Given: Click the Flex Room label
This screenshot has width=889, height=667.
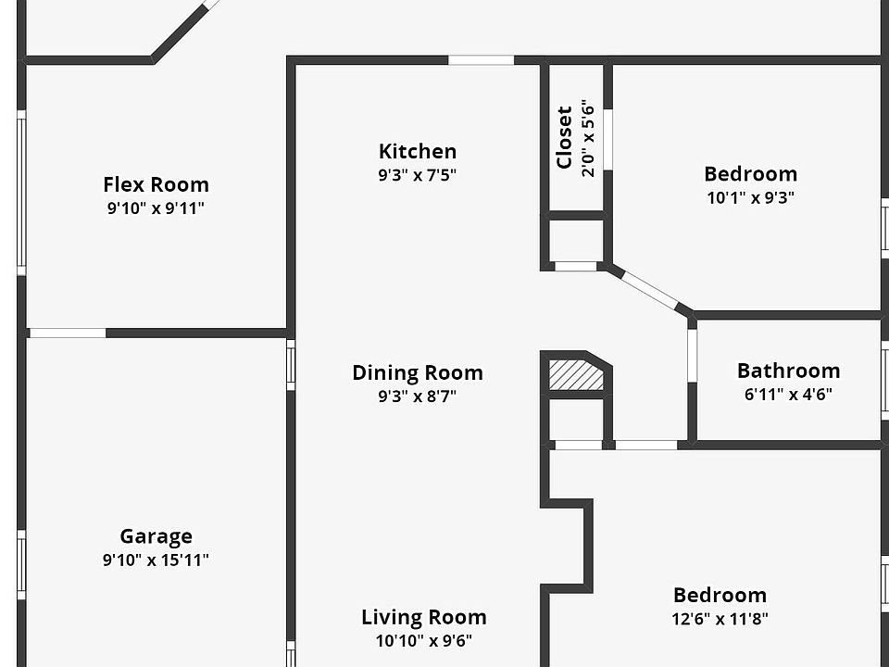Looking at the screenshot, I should tap(156, 184).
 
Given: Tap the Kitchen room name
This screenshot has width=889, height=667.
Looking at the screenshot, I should tap(417, 151).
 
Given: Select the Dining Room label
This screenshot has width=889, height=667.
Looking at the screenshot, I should tap(417, 372).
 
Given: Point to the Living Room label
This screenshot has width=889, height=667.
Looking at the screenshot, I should tap(423, 617).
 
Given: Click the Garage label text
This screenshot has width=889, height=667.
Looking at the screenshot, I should tap(156, 535).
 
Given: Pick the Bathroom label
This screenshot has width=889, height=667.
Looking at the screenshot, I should tap(788, 371).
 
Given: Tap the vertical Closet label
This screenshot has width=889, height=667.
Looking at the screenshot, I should tap(564, 139).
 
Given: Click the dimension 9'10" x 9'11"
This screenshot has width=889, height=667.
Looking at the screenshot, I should tap(156, 208).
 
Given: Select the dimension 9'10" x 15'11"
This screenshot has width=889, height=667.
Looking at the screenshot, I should tap(156, 560).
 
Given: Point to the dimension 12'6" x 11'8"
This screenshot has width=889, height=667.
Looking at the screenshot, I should tap(720, 619).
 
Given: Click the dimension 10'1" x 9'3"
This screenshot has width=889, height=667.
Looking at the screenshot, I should tap(750, 197).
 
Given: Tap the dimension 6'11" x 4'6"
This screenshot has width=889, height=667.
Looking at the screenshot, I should tap(788, 395).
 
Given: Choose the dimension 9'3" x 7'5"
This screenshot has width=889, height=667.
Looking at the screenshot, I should tap(417, 175).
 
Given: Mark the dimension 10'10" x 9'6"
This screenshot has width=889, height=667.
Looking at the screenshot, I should tap(423, 641).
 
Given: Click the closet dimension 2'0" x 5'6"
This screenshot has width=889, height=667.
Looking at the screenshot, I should tap(588, 139).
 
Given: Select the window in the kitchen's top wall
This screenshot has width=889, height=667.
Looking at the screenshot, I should tap(481, 60).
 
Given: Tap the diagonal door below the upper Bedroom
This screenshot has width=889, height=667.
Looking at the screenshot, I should tap(651, 289).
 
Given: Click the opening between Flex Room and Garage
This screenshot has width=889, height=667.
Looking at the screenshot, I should tap(67, 333).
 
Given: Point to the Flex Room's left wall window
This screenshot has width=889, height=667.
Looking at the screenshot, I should tap(21, 192).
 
